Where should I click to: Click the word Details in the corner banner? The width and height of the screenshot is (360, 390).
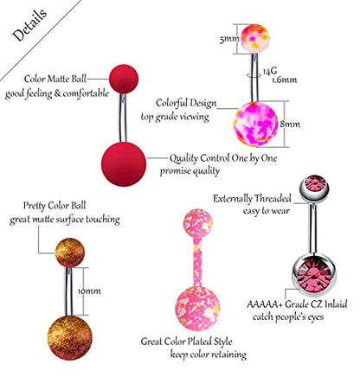tap(29, 24)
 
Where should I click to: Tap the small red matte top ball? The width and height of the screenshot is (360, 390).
tap(124, 79)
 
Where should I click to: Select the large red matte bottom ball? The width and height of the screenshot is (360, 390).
tap(124, 164)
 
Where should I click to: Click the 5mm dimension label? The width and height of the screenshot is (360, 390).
tap(229, 38)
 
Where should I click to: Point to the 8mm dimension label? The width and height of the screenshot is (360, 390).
tap(290, 124)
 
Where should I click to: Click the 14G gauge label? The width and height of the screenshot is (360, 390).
tap(270, 71)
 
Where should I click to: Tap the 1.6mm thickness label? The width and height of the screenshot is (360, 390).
tap(285, 80)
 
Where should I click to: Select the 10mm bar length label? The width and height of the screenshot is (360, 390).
tap(89, 291)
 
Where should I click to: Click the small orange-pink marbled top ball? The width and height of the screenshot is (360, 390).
tap(255, 39)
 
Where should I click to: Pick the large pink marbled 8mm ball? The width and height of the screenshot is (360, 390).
tap(255, 125)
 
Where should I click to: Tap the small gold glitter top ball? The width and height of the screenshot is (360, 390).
tap(70, 253)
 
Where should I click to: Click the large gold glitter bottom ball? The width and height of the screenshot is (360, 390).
tap(69, 338)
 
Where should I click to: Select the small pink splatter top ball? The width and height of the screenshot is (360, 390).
tap(198, 224)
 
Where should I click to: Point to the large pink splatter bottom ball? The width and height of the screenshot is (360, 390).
tap(197, 309)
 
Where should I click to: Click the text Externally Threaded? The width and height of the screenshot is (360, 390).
tap(252, 199)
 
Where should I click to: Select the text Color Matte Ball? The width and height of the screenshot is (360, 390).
tap(55, 79)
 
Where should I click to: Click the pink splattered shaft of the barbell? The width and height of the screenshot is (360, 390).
tap(197, 262)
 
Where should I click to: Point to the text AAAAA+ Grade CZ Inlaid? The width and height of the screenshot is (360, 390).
tap(297, 304)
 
